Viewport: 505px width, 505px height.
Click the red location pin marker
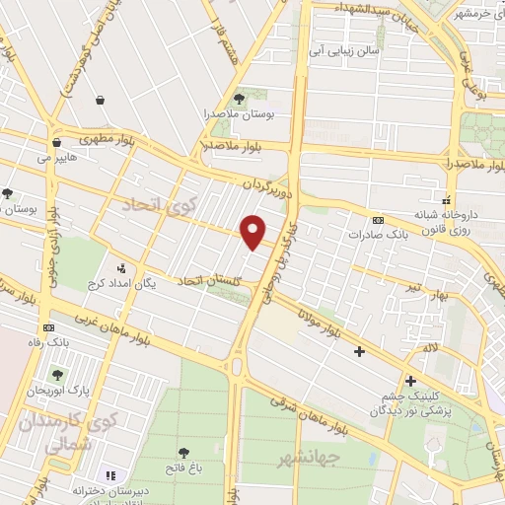click(253, 231)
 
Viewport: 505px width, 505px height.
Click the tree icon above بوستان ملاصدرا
click(238, 98)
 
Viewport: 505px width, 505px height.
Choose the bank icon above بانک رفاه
click(48, 327)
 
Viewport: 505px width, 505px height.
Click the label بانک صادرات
click(377, 236)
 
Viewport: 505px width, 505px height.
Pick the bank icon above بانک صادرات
click(378, 219)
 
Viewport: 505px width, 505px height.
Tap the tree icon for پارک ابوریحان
click(57, 374)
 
